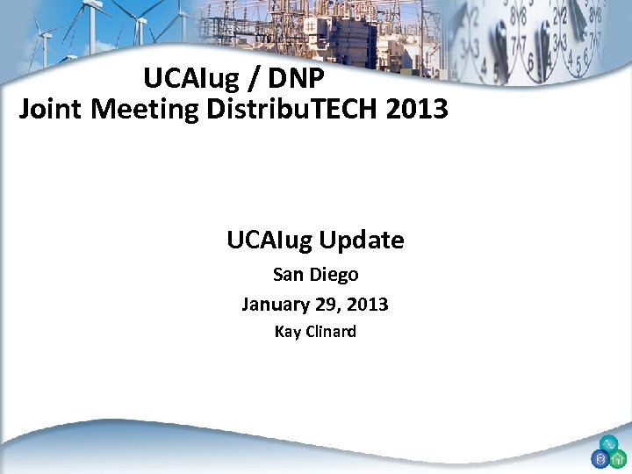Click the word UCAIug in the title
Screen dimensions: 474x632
click(190, 79)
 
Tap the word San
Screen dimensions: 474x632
click(288, 275)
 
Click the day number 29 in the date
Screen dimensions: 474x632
click(327, 305)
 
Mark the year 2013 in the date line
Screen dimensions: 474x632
click(368, 305)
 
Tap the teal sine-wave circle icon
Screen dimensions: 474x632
click(608, 444)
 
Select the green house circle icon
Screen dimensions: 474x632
click(618, 458)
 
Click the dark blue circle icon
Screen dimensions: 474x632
click(600, 458)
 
